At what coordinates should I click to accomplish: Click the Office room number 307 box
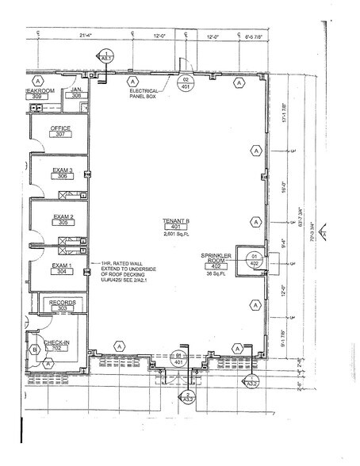point(59,135)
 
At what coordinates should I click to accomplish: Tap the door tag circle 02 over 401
point(186,82)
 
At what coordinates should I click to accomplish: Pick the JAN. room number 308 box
point(77,96)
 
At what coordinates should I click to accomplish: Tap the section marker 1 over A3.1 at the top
point(105,55)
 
